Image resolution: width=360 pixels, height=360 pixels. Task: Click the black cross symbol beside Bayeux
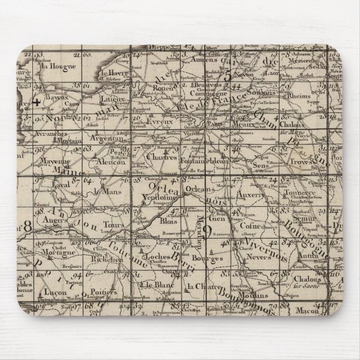pyautogui.click(x=36, y=102)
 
